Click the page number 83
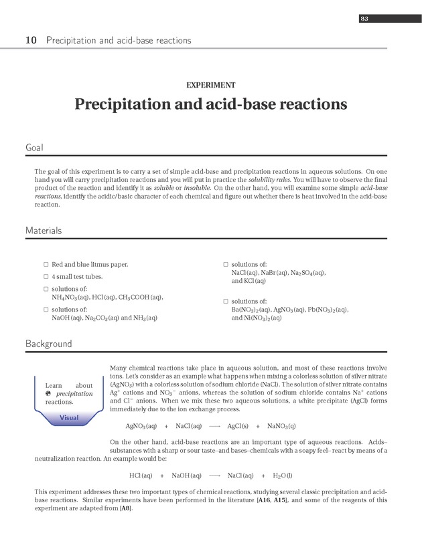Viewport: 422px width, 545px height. [364, 19]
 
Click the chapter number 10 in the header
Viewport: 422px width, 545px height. [31, 41]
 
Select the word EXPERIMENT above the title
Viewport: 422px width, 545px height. [210, 85]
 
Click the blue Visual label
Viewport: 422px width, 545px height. [69, 418]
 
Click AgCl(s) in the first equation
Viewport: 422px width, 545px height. [238, 426]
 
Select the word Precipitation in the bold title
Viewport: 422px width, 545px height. [127, 105]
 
